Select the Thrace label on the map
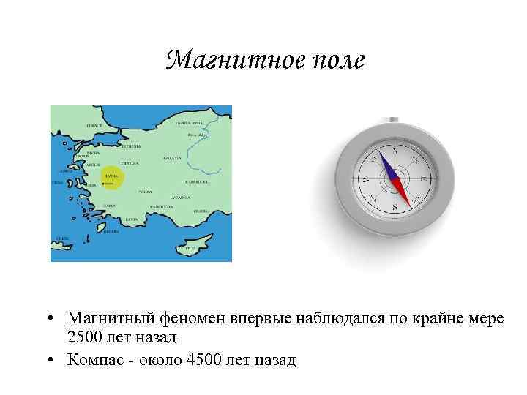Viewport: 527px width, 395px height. (x=94, y=126)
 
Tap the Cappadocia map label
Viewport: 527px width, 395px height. (x=199, y=180)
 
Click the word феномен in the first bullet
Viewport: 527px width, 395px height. (x=191, y=318)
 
